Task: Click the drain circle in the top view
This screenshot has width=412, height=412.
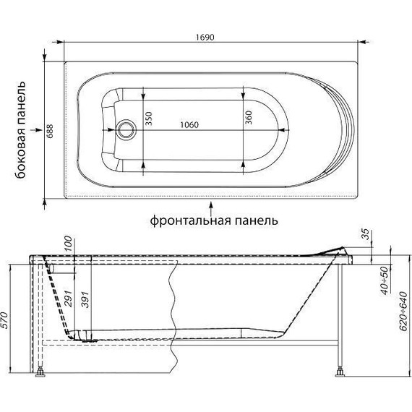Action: (x=126, y=131)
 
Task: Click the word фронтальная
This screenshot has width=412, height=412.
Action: (x=192, y=219)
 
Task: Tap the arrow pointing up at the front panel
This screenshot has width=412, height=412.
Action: (x=210, y=204)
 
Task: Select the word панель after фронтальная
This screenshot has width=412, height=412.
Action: (x=257, y=219)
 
